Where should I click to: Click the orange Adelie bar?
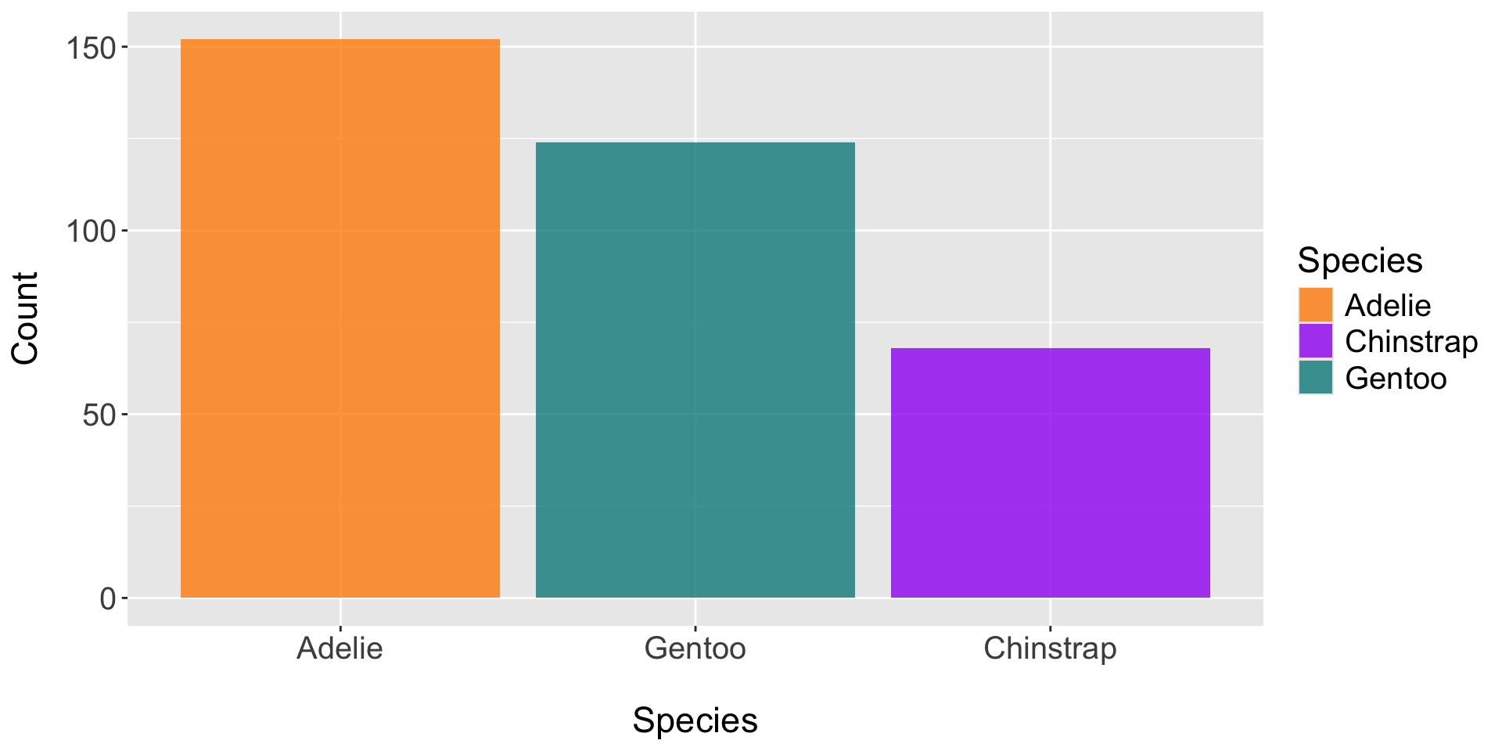coord(340,318)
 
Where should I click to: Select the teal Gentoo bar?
coord(695,370)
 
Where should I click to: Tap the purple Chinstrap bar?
coord(1050,473)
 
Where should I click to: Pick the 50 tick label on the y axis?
coord(99,415)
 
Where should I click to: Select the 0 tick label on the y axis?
coord(108,599)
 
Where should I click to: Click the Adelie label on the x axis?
coord(340,649)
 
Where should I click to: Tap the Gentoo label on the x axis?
coord(695,649)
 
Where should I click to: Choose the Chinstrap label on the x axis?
coord(1050,649)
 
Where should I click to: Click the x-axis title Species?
coord(695,720)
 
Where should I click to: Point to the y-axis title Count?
coord(26,318)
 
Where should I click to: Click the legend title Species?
coord(1360,261)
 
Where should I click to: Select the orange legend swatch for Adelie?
coord(1316,305)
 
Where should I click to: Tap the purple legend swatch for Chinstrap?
coord(1316,341)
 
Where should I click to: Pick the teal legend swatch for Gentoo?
coord(1316,378)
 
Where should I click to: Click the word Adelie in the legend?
coord(1388,305)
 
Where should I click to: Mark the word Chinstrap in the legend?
coord(1411,342)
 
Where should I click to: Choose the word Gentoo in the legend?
coord(1396,379)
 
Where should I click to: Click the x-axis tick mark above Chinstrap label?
coord(1050,630)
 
